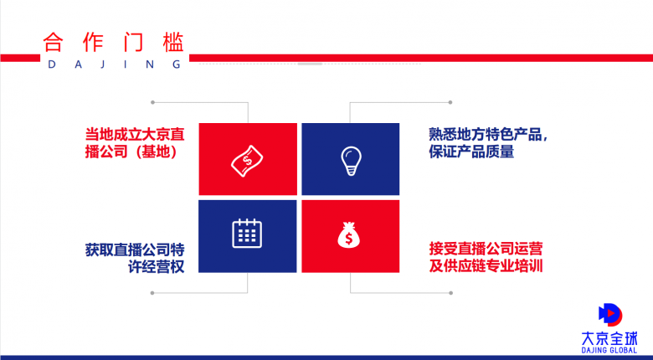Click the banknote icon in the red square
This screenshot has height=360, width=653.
tap(247, 161)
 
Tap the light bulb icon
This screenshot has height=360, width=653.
tap(351, 161)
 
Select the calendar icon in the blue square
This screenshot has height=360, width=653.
tap(247, 233)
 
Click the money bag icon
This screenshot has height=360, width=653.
tap(348, 235)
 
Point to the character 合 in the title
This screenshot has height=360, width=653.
tap(53, 42)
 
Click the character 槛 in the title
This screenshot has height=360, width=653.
tap(173, 42)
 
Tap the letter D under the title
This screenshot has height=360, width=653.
tap(52, 64)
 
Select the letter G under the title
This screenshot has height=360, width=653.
tap(177, 64)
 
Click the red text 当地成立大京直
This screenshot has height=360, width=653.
tap(135, 135)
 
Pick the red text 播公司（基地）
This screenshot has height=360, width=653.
tap(131, 152)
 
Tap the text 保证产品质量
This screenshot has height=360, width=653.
tap(471, 152)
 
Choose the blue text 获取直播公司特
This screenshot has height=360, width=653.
tap(135, 250)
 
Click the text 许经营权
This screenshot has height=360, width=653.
tap(157, 267)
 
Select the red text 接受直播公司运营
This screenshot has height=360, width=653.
tap(486, 249)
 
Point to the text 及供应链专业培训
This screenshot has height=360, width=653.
tap(486, 266)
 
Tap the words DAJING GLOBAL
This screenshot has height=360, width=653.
tap(609, 351)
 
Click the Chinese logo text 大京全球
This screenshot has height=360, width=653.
tap(609, 338)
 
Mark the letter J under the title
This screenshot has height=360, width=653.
tap(102, 64)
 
